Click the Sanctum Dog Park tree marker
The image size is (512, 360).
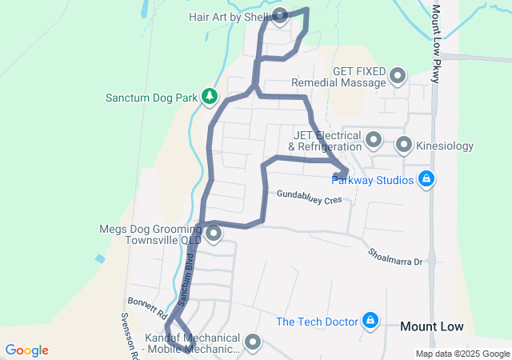pyautogui.click(x=210, y=97)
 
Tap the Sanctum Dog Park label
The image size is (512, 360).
pyautogui.click(x=151, y=98)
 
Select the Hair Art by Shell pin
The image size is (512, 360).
pyautogui.click(x=281, y=16)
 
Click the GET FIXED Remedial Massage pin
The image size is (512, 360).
pyautogui.click(x=398, y=77)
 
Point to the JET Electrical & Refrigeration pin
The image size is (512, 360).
pyautogui.click(x=373, y=141)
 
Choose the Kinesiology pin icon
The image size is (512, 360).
pyautogui.click(x=404, y=146)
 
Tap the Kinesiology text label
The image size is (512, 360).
pyautogui.click(x=446, y=146)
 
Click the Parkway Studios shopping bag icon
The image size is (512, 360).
pyautogui.click(x=427, y=179)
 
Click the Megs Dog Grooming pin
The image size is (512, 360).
pyautogui.click(x=214, y=234)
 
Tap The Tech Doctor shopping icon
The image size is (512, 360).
pyautogui.click(x=370, y=322)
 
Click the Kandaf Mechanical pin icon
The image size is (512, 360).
pyautogui.click(x=253, y=342)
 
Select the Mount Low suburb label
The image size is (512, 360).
pyautogui.click(x=431, y=326)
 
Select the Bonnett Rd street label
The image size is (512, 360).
pyautogui.click(x=146, y=305)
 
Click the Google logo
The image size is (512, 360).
pyautogui.click(x=26, y=350)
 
